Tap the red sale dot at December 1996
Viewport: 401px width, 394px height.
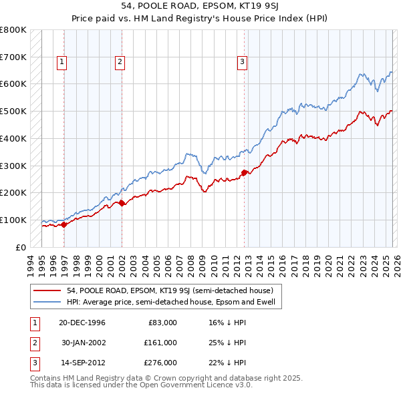[x=63, y=224]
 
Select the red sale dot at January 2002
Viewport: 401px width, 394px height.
[x=122, y=203]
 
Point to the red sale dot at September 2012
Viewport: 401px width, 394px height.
[x=244, y=172]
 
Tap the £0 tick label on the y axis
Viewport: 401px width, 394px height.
[x=21, y=247]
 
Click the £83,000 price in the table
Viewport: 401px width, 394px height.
[x=162, y=322]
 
